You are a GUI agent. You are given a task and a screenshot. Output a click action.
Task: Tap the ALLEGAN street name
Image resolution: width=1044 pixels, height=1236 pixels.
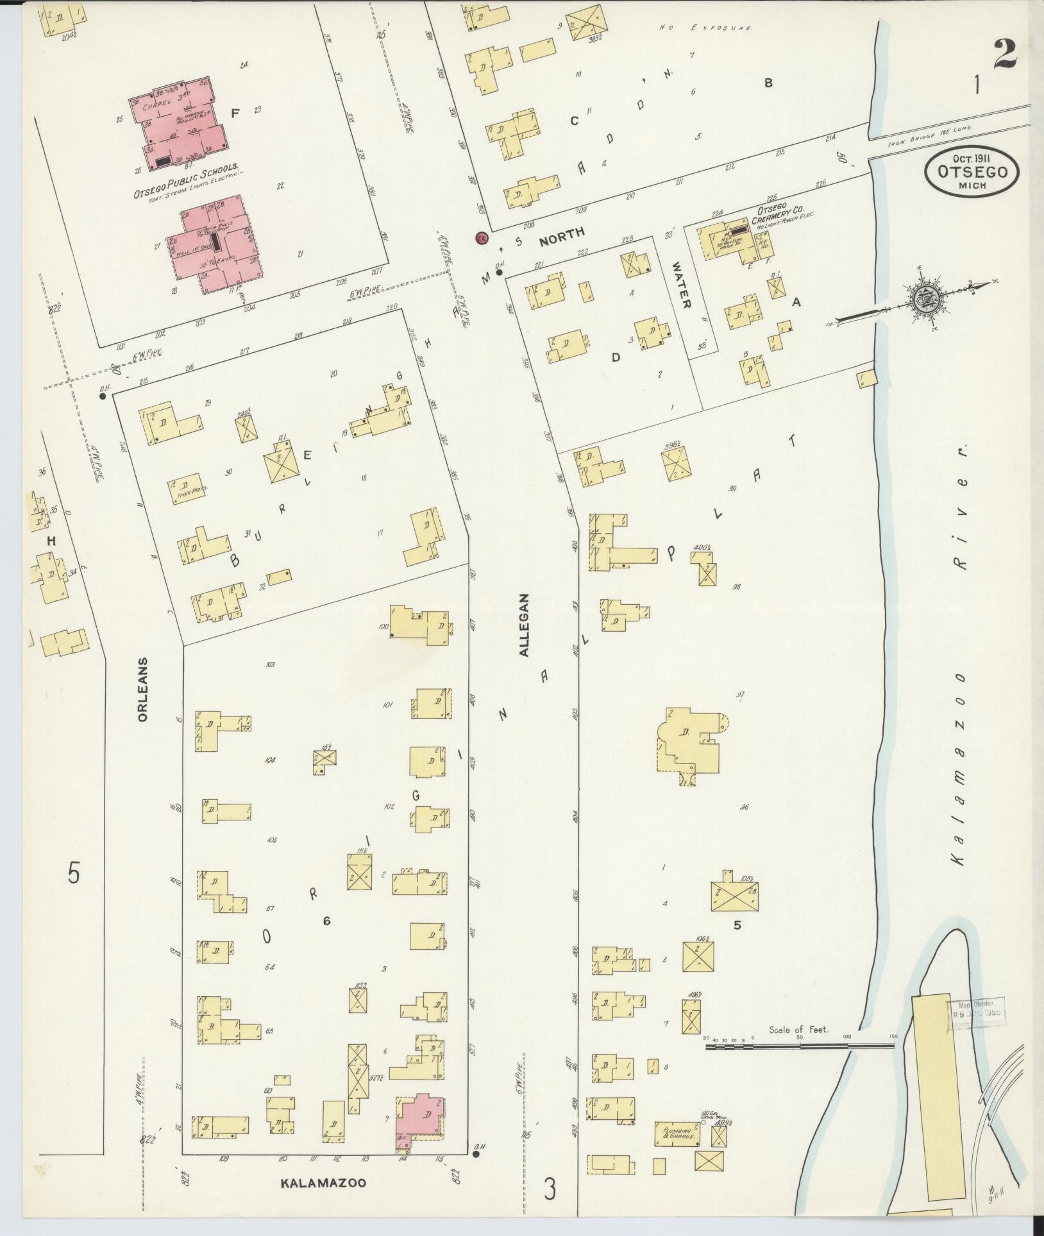[525, 624]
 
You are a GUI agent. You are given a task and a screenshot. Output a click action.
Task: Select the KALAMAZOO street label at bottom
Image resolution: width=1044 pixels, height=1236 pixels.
[323, 1182]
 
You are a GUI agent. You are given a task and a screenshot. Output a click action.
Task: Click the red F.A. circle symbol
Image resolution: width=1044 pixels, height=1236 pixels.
[482, 238]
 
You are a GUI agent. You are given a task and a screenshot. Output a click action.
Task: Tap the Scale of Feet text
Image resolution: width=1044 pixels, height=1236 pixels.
[799, 1031]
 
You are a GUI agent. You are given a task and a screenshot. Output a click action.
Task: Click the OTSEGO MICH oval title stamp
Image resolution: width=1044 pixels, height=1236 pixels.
[972, 171]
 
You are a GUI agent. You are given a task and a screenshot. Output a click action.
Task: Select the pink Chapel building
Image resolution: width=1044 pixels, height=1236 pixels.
[181, 125]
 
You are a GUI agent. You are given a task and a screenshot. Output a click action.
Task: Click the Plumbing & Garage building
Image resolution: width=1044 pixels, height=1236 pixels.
[676, 1133]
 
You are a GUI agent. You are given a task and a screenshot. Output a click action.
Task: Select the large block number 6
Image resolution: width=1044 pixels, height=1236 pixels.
[326, 921]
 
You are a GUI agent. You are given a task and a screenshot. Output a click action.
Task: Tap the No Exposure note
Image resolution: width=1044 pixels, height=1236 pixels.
[705, 28]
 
